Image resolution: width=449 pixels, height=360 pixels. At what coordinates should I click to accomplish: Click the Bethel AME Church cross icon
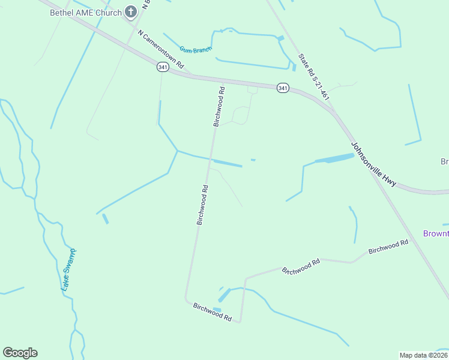[131, 11]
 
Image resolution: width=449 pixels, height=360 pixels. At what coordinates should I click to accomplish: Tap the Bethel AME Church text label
[85, 12]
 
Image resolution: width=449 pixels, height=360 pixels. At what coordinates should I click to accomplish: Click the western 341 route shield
[163, 67]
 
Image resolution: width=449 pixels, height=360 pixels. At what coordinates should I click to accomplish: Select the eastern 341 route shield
[283, 88]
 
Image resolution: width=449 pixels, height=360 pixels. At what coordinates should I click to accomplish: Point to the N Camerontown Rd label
[160, 49]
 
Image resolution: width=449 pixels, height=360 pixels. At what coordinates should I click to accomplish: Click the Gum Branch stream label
[196, 49]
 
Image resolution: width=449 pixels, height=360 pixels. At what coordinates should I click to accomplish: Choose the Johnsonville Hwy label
[373, 164]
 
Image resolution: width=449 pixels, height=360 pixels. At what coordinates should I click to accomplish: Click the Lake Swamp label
[69, 269]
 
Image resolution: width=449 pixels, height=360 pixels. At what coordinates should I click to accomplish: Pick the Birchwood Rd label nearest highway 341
[218, 107]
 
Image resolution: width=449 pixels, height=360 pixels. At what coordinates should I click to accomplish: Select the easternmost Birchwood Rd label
[388, 246]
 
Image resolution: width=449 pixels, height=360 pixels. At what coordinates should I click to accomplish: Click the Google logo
[20, 353]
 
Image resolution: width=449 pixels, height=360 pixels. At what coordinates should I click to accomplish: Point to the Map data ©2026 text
[423, 355]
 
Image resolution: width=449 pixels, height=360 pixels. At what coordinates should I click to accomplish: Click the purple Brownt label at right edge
[436, 233]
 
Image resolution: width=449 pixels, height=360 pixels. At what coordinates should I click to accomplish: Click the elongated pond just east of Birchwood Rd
[229, 163]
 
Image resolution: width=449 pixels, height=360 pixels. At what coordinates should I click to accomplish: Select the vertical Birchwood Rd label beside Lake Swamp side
[202, 205]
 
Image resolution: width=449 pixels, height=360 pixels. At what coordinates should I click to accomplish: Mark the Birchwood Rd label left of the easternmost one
[301, 265]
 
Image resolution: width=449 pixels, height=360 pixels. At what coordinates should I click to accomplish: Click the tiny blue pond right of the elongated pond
[253, 160]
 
